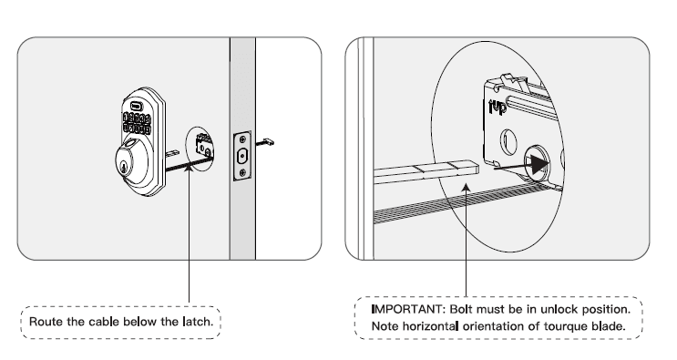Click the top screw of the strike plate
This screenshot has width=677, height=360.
point(241,140)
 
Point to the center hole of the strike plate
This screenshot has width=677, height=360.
point(241,156)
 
